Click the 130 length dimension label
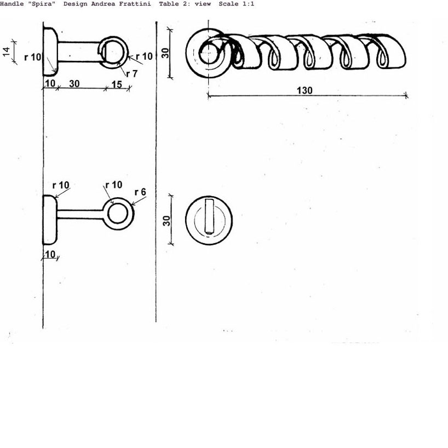tap(305, 90)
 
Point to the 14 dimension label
tap(6, 51)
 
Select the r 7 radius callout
tap(131, 74)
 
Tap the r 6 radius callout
tap(140, 192)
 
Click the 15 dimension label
tap(116, 85)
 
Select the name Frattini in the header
tap(135, 4)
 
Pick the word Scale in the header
tap(228, 4)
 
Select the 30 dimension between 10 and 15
tap(74, 84)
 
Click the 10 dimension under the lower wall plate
tap(50, 255)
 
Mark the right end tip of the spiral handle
tap(405, 55)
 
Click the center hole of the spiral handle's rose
tap(208, 54)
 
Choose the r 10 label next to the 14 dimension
tap(32, 57)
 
